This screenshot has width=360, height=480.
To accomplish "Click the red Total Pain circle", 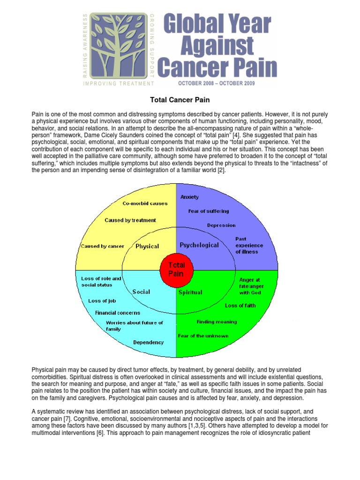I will tap(176, 270).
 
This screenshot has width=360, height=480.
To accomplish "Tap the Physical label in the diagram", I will tap(147, 246).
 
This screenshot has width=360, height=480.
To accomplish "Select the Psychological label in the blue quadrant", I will tap(199, 245).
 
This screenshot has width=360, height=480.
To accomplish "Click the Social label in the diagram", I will tap(141, 292).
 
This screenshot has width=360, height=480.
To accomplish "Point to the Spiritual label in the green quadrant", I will tap(190, 292).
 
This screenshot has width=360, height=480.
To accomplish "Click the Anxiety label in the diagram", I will tap(190, 197).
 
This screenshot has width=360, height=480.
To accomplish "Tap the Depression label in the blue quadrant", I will tap(221, 225).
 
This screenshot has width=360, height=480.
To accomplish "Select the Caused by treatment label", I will tap(130, 220).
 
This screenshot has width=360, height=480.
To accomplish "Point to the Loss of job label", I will tap(102, 301).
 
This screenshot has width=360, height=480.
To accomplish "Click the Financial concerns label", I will tap(118, 313).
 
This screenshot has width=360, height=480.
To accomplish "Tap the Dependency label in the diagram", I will tap(148, 342).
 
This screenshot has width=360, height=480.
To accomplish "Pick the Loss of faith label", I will tap(240, 306).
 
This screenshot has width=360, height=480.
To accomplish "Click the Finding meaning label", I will tap(217, 322).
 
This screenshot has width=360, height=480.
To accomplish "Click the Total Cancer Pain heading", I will tap(180, 100).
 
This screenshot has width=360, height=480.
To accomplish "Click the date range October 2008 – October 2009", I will tap(216, 83).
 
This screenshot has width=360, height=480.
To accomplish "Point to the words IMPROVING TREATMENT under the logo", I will tap(118, 83).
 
